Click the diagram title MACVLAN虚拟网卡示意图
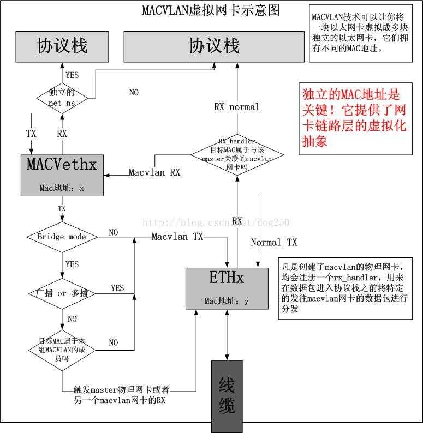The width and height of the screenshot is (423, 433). coord(211,10)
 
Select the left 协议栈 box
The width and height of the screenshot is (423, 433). coord(62,46)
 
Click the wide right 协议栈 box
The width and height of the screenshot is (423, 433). coord(213,46)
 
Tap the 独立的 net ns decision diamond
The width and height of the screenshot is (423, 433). coord(62,98)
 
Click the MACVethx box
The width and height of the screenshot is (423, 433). coord(61,175)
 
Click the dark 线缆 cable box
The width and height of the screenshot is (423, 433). coord(227,395)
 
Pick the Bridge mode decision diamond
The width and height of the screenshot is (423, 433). coord(62,237)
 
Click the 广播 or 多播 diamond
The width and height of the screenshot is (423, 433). coord(62,293)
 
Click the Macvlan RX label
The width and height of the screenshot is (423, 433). coord(154,172)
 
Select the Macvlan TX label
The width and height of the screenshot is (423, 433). coord(177,237)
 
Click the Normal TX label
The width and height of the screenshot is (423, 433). coord(274,242)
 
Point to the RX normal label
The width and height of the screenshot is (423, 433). coord(237,107)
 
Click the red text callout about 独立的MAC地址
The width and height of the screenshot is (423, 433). coord(354,118)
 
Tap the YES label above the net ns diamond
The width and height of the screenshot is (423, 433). coord(72,75)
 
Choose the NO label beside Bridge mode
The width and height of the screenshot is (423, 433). coord(113,233)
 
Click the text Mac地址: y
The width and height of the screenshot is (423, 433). coord(227,301)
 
